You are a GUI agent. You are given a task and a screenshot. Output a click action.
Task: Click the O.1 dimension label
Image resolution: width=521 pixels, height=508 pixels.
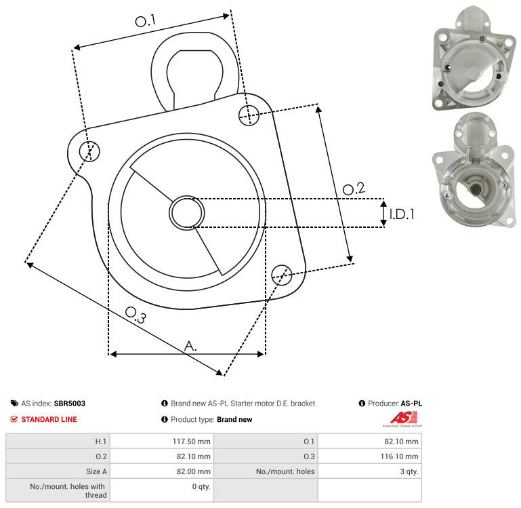[x=146, y=21]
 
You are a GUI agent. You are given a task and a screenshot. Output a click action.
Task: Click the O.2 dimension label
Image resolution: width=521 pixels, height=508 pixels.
[x=354, y=189]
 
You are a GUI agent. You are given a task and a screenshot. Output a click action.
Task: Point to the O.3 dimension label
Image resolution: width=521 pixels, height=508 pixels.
[x=136, y=315]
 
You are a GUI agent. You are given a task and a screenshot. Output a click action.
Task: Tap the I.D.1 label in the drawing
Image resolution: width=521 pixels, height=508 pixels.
[x=402, y=214]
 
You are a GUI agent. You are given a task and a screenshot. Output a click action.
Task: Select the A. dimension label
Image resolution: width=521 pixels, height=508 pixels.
[x=190, y=346]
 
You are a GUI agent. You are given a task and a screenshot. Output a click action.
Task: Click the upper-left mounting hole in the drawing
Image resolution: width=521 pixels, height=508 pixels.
[x=89, y=151]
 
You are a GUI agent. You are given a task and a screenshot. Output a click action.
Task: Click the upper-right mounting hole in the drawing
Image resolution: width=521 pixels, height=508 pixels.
[x=249, y=115]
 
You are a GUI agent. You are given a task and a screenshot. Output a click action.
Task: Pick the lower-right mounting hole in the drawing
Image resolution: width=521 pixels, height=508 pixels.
[x=282, y=275]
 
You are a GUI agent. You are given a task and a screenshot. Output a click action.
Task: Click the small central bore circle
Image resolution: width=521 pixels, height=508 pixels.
[x=187, y=213]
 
